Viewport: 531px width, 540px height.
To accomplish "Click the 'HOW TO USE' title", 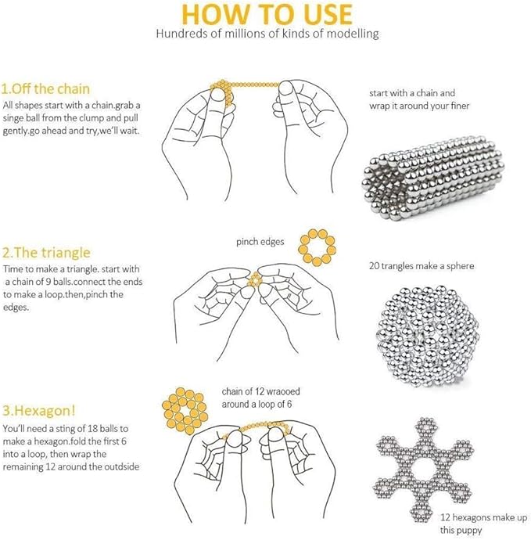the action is click(x=267, y=14).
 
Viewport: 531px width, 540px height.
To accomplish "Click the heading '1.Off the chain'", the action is click(x=45, y=89).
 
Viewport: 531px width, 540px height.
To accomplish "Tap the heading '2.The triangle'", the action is click(x=46, y=253).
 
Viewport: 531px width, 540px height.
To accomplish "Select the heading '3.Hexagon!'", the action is click(x=38, y=411).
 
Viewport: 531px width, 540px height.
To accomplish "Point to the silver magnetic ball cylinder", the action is click(x=433, y=178).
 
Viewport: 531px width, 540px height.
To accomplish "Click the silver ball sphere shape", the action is click(x=428, y=335).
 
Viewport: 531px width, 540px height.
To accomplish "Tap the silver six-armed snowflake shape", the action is click(x=423, y=470).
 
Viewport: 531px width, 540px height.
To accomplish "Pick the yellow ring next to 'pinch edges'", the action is click(x=317, y=247).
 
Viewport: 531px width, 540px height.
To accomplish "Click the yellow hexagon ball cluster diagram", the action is click(x=185, y=411).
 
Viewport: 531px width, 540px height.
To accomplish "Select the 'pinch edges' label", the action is click(x=260, y=242).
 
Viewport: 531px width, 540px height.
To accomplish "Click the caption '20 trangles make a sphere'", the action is click(x=422, y=266).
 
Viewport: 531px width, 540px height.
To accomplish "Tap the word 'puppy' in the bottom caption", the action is click(x=471, y=530).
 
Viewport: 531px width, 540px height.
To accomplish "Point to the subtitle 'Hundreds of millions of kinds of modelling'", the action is click(x=267, y=34).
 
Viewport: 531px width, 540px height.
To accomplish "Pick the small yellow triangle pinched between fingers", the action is click(x=256, y=279).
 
